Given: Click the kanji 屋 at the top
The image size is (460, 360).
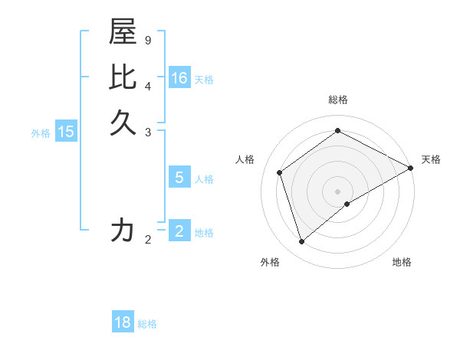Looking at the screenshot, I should click(x=123, y=32).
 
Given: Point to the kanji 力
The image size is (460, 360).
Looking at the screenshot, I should click(x=123, y=231).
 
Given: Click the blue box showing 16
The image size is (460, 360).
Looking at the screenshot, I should click(x=179, y=78).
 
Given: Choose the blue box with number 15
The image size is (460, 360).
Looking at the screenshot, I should click(x=66, y=132).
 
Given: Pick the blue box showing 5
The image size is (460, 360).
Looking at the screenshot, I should click(x=179, y=178).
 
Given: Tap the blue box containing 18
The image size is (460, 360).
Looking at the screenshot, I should click(x=123, y=322).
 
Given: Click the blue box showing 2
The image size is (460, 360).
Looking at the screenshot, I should click(x=179, y=231).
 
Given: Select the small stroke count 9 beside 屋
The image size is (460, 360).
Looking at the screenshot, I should click(x=147, y=40).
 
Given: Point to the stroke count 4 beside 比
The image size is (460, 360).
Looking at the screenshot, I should click(x=147, y=85).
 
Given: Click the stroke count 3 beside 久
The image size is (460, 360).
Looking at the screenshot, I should click(x=147, y=132).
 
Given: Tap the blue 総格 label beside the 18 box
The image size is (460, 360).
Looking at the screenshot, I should click(x=147, y=324).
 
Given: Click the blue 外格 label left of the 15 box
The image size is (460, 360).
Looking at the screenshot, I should click(x=41, y=133).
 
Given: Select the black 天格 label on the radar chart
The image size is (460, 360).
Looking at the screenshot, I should click(x=431, y=159).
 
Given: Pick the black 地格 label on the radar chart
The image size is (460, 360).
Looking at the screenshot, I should click(x=402, y=262).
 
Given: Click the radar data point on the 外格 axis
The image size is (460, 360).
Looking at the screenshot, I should click(x=301, y=242).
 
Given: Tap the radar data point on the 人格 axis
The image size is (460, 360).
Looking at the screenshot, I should click(x=280, y=172).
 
